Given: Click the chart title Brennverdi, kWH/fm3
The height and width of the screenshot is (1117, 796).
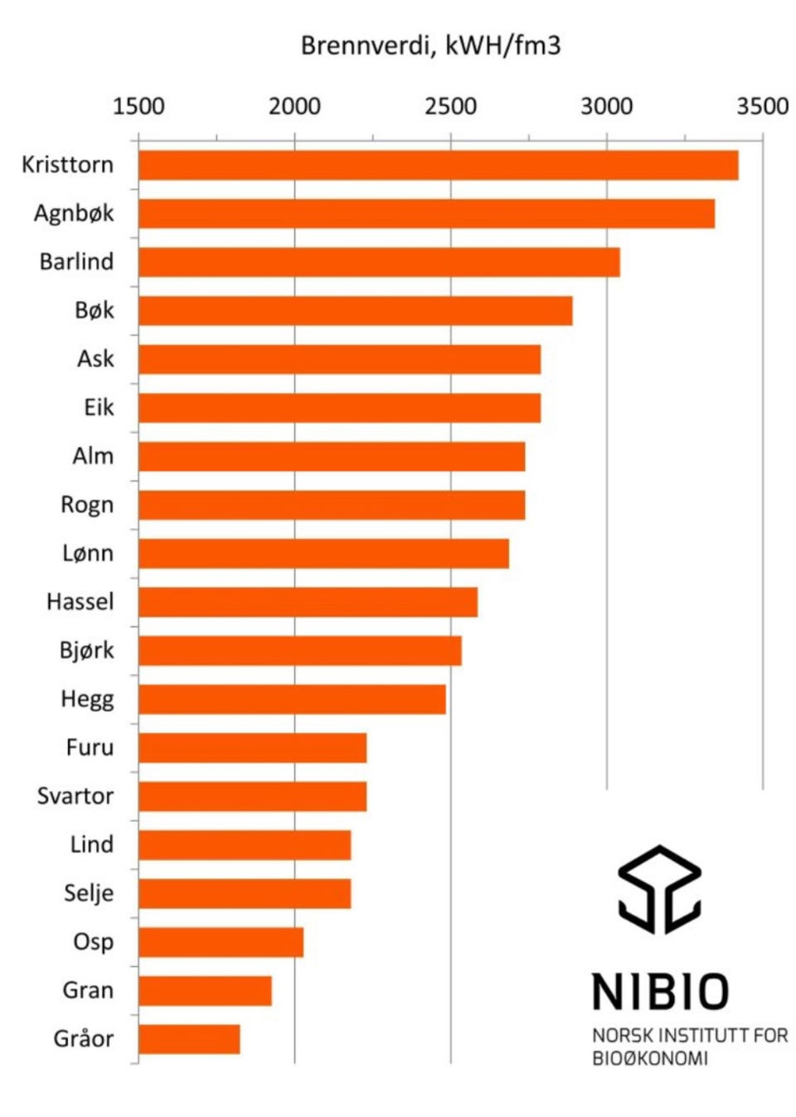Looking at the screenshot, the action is click(430, 46).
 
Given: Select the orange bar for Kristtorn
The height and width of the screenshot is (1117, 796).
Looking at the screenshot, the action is click(439, 165).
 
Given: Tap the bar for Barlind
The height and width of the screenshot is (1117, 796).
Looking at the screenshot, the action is click(379, 263).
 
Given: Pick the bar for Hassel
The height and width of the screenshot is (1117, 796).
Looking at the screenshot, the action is click(308, 602).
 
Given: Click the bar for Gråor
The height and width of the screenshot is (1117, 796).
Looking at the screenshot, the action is click(189, 1040).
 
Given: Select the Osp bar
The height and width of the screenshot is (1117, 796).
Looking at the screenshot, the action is click(221, 942).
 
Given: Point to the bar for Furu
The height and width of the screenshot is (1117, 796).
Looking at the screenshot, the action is click(253, 748).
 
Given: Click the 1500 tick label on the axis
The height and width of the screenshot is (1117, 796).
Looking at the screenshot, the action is click(138, 107).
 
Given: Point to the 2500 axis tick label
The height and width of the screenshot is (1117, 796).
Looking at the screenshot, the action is click(450, 107).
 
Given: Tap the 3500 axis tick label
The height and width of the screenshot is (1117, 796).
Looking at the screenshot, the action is click(763, 107).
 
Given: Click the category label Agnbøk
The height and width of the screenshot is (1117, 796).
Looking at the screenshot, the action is click(74, 215).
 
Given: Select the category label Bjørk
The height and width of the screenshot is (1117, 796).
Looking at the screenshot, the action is click(87, 651).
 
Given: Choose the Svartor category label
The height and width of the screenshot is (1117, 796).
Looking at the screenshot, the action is click(75, 796).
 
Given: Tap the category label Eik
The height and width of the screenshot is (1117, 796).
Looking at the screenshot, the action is click(99, 408).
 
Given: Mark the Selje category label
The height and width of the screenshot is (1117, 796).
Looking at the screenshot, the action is click(89, 894).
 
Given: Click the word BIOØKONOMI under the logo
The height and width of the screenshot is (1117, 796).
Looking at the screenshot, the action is click(650, 1058).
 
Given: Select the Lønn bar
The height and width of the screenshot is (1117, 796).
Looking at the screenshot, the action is click(324, 554).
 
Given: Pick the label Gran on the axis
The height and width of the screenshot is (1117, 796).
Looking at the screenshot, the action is click(88, 991).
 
